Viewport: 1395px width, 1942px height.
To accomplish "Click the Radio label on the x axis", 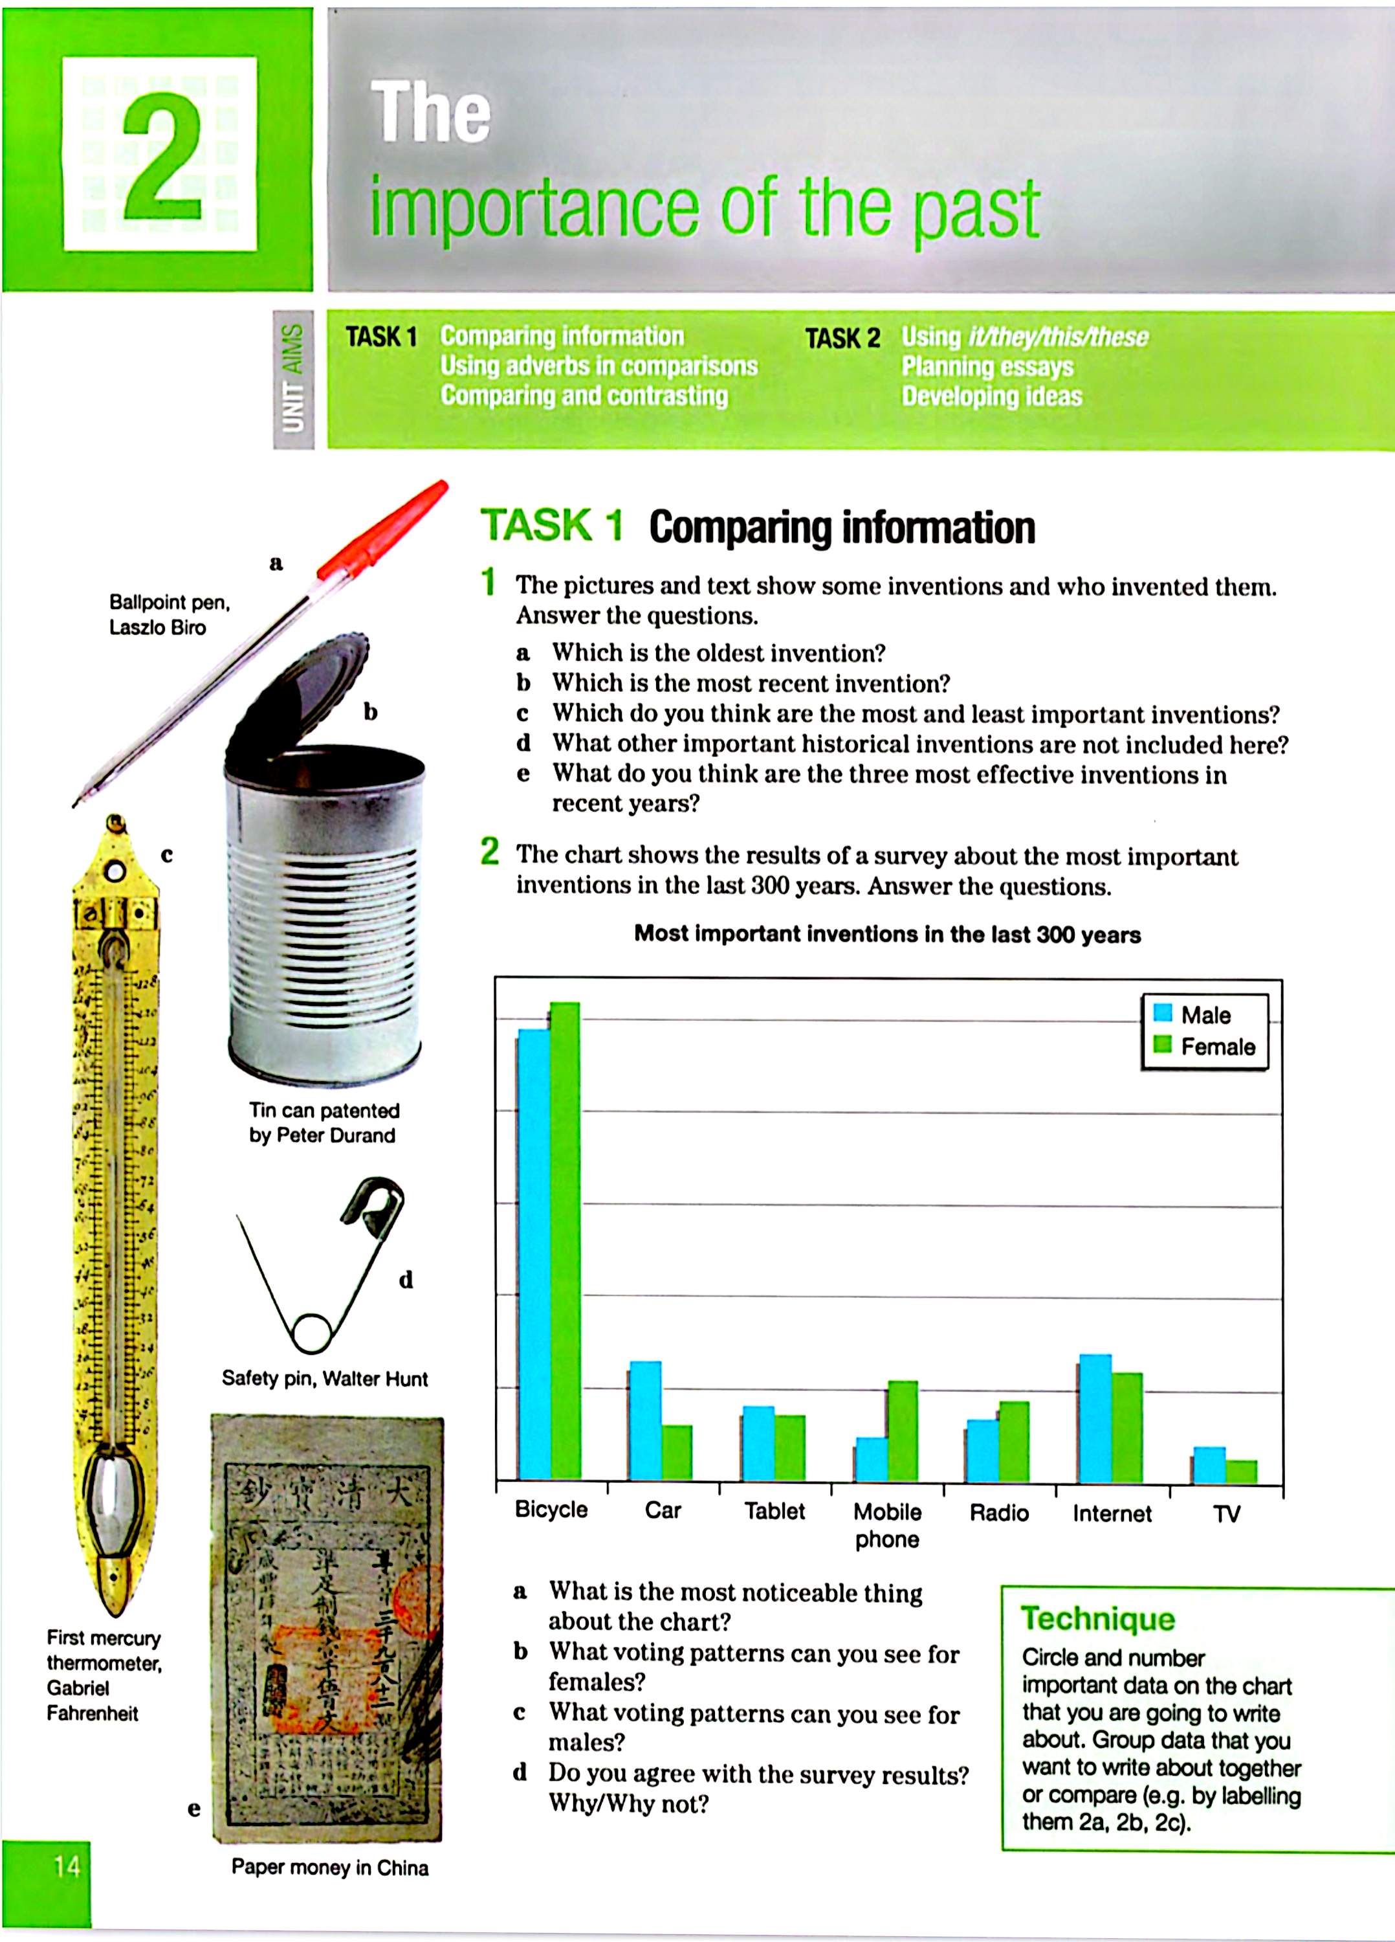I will click(x=999, y=1513).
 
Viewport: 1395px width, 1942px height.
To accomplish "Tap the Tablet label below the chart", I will click(x=774, y=1512).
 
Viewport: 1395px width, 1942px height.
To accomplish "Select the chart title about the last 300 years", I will click(x=886, y=934).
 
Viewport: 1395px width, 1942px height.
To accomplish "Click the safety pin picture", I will click(x=321, y=1267).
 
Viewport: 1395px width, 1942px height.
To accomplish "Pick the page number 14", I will click(x=67, y=1867).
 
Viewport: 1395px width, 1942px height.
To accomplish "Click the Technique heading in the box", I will click(x=1098, y=1619).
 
